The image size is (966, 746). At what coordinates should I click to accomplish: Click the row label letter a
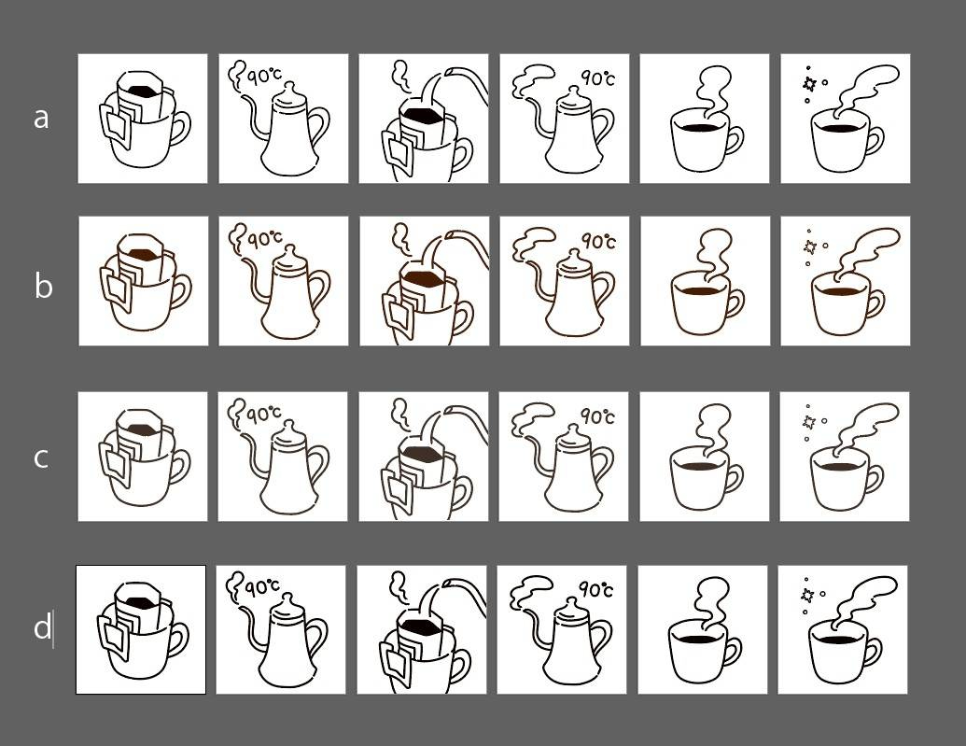pos(41,119)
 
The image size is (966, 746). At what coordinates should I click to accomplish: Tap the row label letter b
pos(43,286)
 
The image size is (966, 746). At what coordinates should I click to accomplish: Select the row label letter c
pos(41,458)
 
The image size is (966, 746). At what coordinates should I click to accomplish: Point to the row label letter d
pos(42,626)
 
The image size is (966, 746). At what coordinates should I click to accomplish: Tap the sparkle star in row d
pos(806,595)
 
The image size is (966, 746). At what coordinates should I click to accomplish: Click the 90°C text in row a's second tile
pos(265,76)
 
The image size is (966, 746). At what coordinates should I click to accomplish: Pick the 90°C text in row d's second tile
pos(263,587)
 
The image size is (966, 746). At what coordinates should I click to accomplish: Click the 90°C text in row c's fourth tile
pos(597,416)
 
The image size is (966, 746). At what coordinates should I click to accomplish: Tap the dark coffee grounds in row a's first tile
pos(143,91)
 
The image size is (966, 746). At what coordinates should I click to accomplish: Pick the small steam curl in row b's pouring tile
pos(401,238)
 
